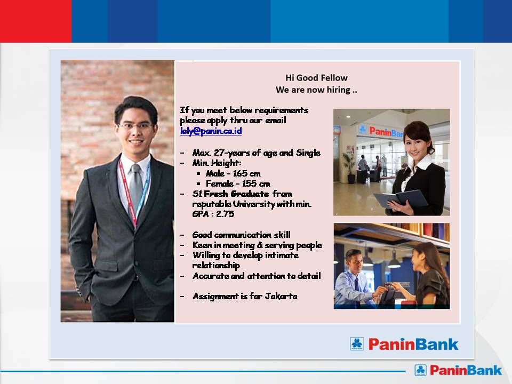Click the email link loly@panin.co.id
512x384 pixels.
211,131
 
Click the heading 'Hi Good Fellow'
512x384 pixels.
316,78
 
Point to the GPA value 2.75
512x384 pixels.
225,214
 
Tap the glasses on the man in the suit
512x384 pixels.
135,126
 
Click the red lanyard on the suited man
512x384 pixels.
127,193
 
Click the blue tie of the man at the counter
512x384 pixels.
357,283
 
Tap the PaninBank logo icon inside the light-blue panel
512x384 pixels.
357,344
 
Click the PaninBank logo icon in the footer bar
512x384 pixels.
421,370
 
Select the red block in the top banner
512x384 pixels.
36,21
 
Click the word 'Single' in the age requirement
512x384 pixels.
308,153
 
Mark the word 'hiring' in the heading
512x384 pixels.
338,90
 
